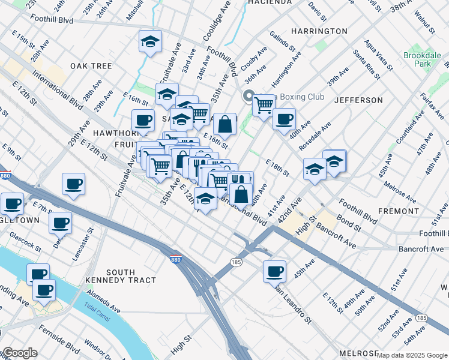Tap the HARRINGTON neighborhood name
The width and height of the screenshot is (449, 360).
coord(319,31)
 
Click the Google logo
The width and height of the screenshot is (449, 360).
coord(19,353)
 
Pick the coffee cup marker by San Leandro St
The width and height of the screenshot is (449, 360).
coord(274,271)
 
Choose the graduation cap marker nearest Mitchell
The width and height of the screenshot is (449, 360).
coord(150,41)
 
